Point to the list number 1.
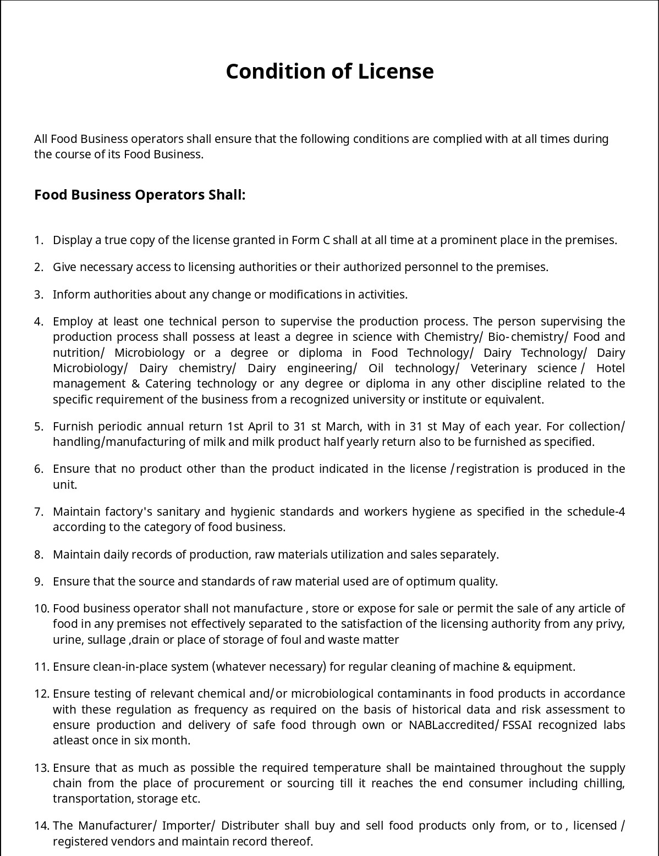[x=38, y=240]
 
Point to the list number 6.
[x=38, y=469]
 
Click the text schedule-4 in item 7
[x=597, y=512]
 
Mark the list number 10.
[x=42, y=609]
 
